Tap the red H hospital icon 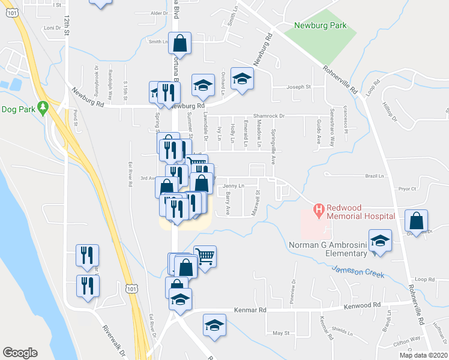click(x=319, y=210)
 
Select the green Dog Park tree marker click(x=42, y=107)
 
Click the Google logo click(x=20, y=353)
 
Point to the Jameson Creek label click(x=358, y=272)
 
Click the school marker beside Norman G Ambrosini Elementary click(x=380, y=242)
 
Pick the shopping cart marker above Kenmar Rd click(x=205, y=257)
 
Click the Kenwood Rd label click(x=362, y=305)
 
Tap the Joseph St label click(x=298, y=87)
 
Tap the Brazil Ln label click(x=373, y=176)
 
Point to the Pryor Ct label click(x=406, y=188)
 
